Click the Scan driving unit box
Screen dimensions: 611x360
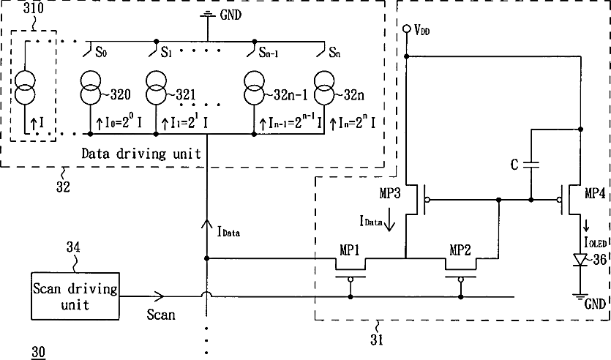pos(75,296)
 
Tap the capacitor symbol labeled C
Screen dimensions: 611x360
pos(531,165)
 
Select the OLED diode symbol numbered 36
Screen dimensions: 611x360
pos(580,260)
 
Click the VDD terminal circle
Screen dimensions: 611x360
pos(406,29)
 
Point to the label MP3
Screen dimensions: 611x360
pos(390,193)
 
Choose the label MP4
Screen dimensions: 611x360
pos(595,193)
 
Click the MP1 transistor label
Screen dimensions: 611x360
pos(350,250)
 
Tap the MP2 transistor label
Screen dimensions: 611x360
pos(460,250)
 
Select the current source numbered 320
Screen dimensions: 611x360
pos(91,88)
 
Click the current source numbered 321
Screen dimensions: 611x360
pos(156,88)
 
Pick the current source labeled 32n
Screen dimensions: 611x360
pos(324,88)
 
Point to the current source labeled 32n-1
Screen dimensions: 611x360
pos(254,88)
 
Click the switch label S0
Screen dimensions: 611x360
pos(101,52)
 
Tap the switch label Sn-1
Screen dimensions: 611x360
pos(269,52)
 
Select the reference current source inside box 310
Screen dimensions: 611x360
pos(25,88)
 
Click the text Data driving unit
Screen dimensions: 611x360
pos(140,154)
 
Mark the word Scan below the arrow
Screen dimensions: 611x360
pos(161,315)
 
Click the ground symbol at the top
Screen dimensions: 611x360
pos(207,15)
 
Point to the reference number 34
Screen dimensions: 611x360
pos(73,247)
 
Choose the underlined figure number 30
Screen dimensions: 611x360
pos(38,353)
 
